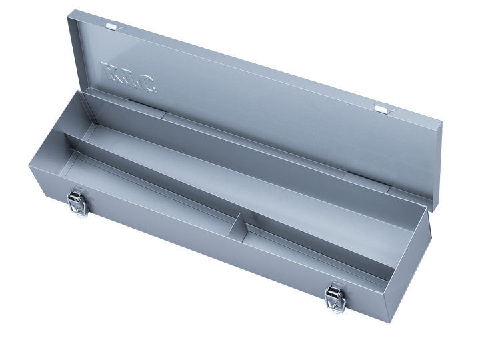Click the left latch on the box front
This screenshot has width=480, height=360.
[77, 202]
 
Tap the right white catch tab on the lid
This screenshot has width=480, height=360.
[381, 107]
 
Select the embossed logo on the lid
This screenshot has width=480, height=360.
[129, 77]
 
